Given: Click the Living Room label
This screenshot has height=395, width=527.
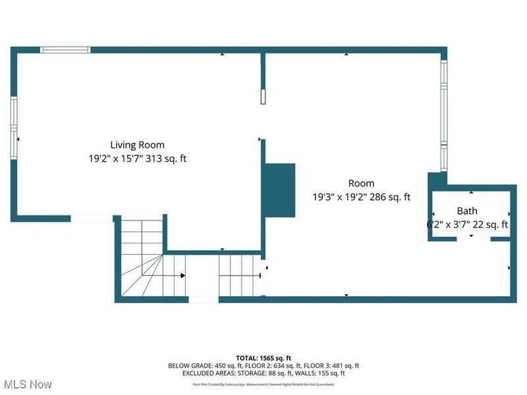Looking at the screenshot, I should (137, 145).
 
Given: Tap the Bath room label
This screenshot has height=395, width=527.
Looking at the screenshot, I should (467, 211).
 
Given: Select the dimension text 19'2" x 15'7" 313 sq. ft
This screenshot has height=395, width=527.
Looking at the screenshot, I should (137, 159).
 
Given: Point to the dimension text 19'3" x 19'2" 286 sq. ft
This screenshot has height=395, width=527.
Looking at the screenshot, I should (361, 197).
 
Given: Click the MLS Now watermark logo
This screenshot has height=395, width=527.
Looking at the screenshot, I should (27, 384).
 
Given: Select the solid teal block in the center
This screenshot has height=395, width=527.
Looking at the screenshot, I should (279, 190).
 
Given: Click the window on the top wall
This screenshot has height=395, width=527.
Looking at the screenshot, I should (65, 49).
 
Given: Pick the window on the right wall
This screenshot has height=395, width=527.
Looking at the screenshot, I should (444, 115).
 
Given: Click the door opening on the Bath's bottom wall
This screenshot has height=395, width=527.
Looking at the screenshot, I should (473, 238).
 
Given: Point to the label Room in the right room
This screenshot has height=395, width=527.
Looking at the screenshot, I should (361, 184).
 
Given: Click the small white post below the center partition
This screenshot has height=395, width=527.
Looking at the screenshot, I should (263, 97).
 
